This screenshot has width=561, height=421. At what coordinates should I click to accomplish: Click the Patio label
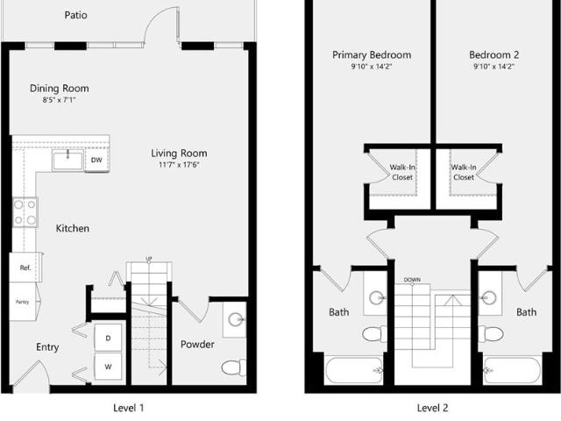(x=75, y=15)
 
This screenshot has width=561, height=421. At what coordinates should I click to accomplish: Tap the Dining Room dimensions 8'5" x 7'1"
(x=60, y=100)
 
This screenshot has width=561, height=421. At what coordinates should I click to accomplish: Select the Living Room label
(x=179, y=153)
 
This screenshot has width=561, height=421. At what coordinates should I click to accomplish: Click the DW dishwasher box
(x=96, y=160)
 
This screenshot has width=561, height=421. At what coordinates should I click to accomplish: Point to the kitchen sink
(x=67, y=161)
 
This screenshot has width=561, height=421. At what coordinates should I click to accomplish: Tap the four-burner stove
(x=25, y=212)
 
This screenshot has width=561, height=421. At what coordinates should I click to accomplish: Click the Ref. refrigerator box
(x=25, y=268)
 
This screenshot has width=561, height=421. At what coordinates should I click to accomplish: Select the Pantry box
(x=23, y=302)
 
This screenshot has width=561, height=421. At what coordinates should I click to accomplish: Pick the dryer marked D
(x=108, y=338)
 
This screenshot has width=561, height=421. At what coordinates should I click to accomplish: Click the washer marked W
(x=108, y=367)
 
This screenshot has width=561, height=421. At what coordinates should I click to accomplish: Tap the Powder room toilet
(x=234, y=367)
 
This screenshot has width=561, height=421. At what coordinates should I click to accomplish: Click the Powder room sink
(x=236, y=319)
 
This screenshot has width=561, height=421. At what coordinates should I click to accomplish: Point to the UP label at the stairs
(x=149, y=259)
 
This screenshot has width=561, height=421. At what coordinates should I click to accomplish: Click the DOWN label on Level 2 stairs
(x=412, y=280)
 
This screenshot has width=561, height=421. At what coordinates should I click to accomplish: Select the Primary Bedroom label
(x=372, y=55)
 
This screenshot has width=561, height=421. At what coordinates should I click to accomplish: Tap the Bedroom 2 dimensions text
(x=494, y=67)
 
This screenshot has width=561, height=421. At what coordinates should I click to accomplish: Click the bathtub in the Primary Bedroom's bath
(x=354, y=370)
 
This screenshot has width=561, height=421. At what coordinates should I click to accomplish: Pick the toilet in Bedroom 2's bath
(x=491, y=334)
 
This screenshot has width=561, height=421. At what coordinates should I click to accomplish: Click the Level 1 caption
(x=129, y=408)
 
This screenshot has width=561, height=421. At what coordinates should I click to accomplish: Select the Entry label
(x=47, y=347)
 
